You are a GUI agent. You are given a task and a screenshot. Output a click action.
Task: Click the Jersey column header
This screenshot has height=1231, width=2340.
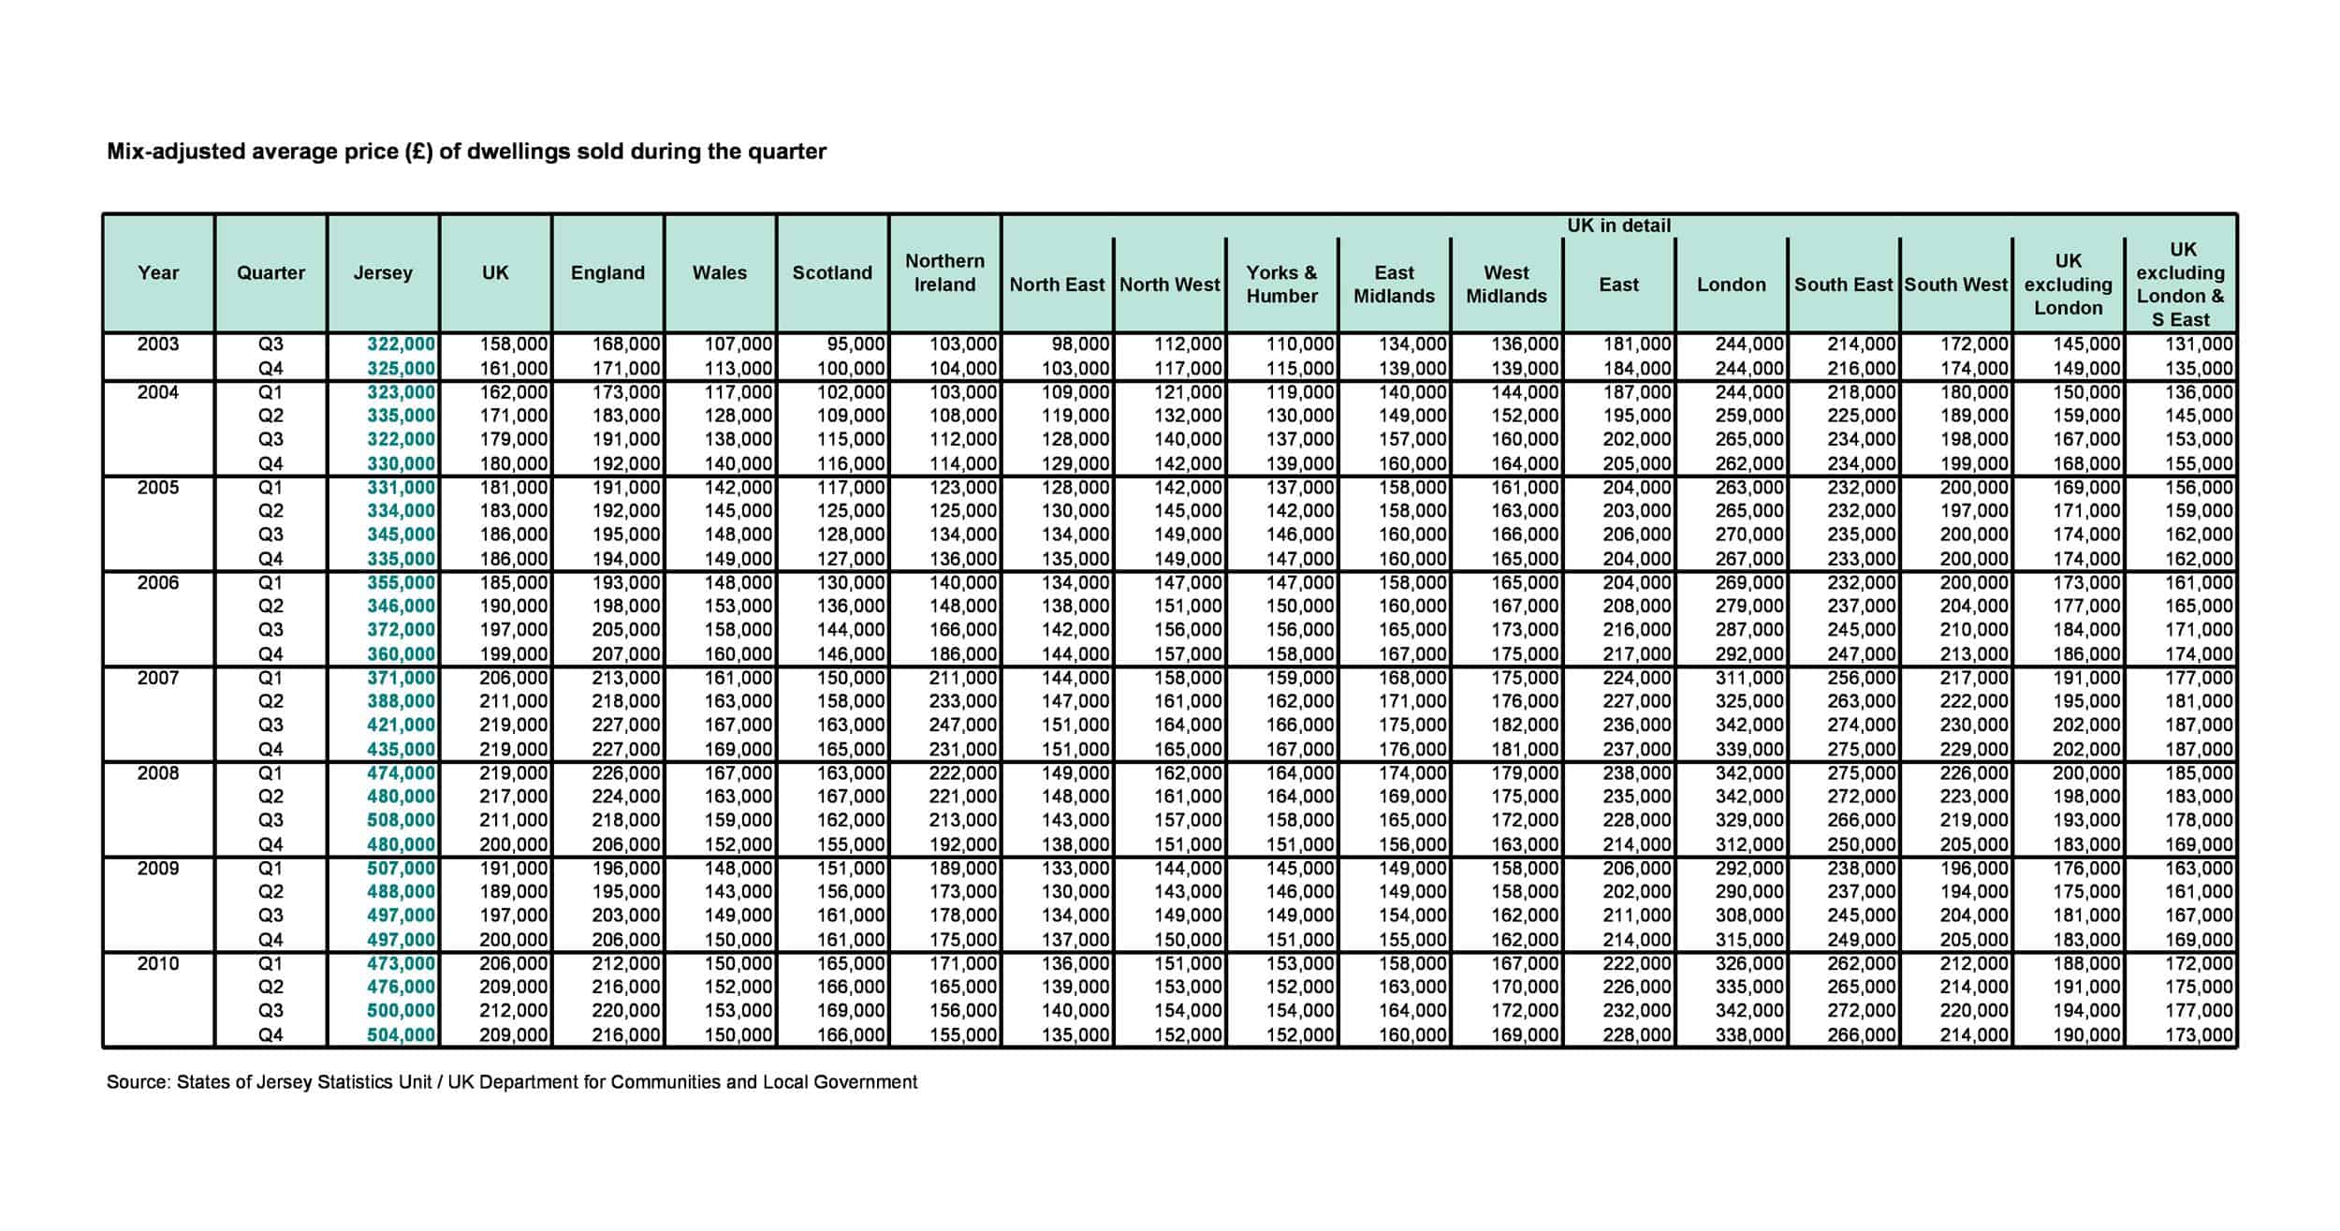click(x=383, y=272)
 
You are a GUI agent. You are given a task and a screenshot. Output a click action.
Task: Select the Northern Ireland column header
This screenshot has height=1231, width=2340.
click(x=944, y=272)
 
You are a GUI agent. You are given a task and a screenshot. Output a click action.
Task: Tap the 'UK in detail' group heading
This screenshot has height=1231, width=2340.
click(x=1618, y=226)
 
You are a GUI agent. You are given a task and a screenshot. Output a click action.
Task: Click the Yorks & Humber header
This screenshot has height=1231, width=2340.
click(x=1281, y=284)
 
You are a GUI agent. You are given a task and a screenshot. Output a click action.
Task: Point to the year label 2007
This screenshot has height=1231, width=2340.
click(x=158, y=678)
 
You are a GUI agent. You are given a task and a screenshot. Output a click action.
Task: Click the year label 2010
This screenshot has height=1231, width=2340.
click(x=158, y=963)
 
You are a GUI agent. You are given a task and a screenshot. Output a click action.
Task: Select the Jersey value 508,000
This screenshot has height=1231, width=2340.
click(x=401, y=820)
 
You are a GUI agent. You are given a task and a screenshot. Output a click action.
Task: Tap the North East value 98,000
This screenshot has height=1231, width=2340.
click(x=1079, y=344)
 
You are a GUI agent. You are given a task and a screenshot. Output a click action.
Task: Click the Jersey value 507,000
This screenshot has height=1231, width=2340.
click(x=401, y=868)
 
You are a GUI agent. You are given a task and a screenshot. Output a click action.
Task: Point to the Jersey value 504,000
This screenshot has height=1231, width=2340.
click(x=401, y=1034)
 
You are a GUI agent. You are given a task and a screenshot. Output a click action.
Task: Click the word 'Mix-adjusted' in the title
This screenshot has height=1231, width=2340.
click(x=175, y=152)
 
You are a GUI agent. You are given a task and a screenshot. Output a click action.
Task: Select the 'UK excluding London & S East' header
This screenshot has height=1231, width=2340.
click(x=2180, y=284)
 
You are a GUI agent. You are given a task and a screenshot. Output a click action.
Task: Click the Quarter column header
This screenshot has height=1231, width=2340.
click(x=271, y=272)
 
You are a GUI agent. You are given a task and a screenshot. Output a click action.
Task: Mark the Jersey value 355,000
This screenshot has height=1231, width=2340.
click(x=401, y=582)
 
